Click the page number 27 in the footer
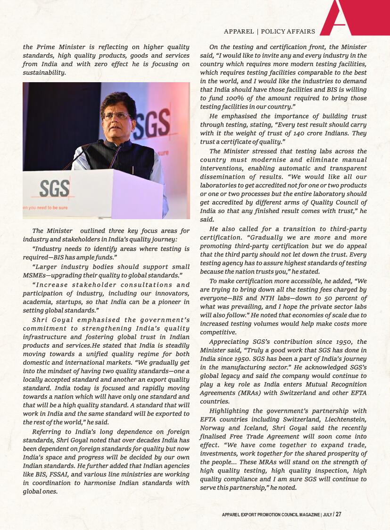[338, 514]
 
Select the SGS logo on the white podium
[54, 188]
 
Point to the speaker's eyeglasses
[116, 115]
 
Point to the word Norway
[213, 428]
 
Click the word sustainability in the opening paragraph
[44, 73]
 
